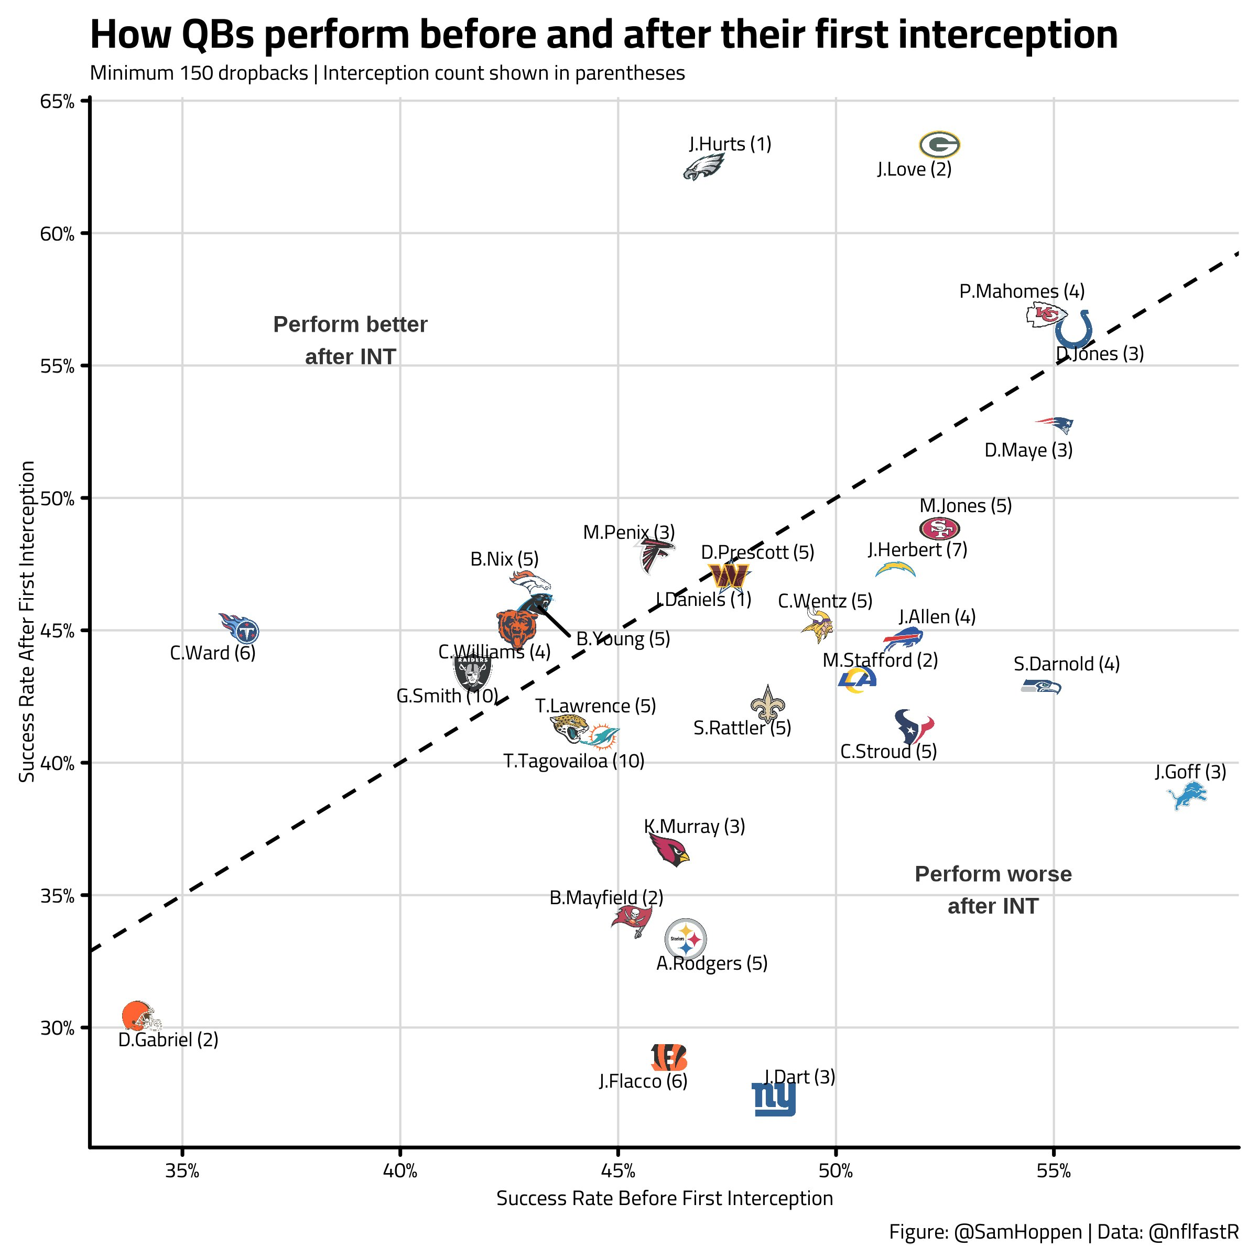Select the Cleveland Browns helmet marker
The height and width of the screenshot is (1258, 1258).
coord(140,1016)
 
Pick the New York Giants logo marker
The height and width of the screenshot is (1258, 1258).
coord(774,1099)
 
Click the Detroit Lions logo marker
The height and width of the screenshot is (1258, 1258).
coord(1186,796)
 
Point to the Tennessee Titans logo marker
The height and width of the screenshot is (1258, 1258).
coord(240,629)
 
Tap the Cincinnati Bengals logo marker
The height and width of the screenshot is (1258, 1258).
coord(669,1057)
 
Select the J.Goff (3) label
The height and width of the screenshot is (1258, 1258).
coord(1190,772)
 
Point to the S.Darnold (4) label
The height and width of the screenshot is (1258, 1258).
coord(1067,664)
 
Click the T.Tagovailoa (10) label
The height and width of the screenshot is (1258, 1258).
coord(573,761)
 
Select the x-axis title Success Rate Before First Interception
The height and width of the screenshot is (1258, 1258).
coord(664,1199)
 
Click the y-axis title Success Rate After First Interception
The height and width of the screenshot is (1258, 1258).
coord(27,621)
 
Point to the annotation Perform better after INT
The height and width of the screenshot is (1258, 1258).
coord(350,340)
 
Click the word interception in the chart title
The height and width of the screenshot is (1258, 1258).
coord(1007,35)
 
